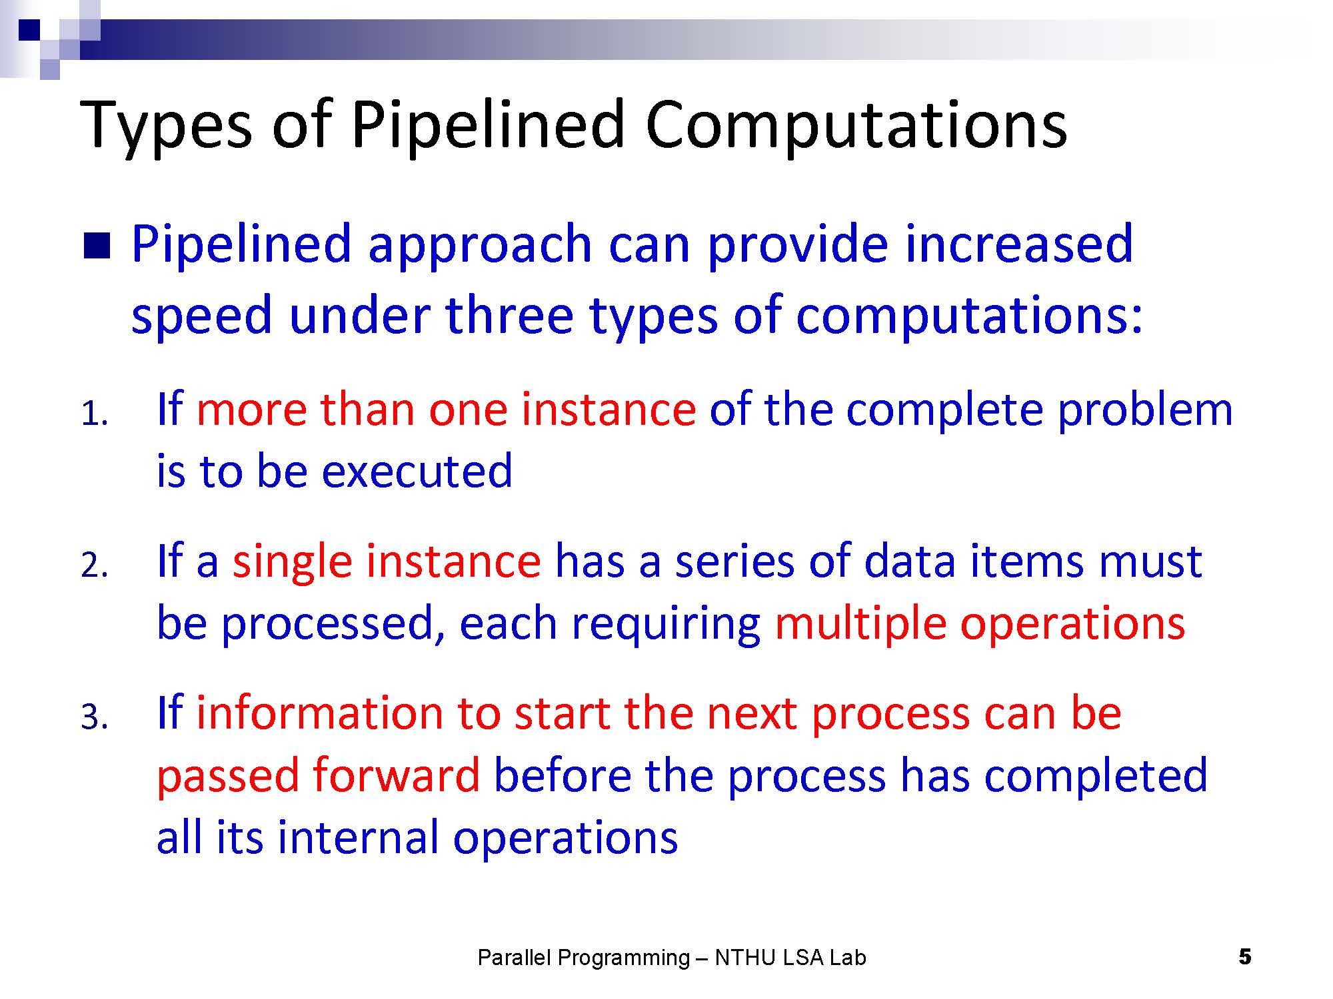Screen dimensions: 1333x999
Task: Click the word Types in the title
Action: tap(167, 127)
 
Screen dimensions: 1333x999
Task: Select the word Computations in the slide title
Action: tap(856, 127)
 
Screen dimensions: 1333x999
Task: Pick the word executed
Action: tap(417, 471)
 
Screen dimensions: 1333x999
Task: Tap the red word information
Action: tap(320, 713)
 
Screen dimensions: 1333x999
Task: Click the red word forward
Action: tap(397, 775)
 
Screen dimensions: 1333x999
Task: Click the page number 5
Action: tap(1245, 957)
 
